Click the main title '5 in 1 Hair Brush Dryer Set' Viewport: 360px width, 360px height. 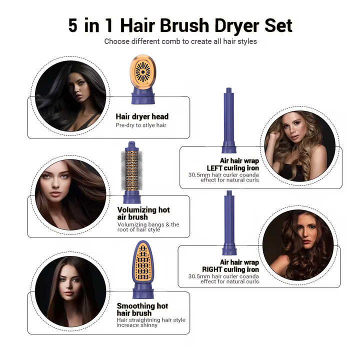[180, 25]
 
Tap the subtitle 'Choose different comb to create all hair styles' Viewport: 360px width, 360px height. [180, 41]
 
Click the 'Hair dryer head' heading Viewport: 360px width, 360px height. [142, 116]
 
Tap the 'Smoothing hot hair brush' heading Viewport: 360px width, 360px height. [142, 309]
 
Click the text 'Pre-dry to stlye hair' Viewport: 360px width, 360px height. [141, 125]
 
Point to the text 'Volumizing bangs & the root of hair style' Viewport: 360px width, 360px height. [148, 227]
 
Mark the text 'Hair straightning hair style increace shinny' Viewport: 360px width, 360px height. [151, 322]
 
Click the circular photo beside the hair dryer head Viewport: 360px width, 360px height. [70, 96]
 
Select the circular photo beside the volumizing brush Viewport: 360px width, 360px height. [70, 194]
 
